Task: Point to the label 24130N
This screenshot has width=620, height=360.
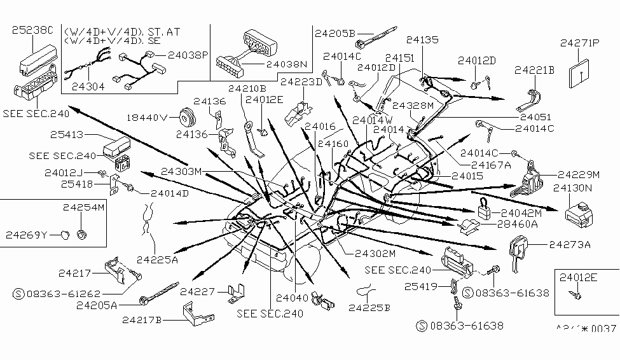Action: tap(573, 188)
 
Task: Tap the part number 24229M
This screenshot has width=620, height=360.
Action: tap(579, 174)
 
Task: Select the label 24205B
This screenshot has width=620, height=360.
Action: tap(334, 31)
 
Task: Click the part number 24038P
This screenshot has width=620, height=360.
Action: tap(187, 55)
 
